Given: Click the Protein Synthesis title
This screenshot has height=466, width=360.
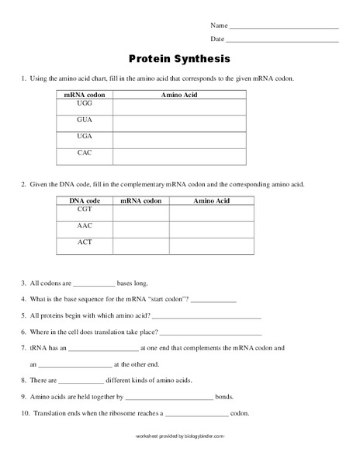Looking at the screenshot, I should [x=179, y=58].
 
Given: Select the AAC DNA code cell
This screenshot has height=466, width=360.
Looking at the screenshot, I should [x=85, y=229].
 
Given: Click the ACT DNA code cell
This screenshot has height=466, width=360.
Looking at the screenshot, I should [x=85, y=245].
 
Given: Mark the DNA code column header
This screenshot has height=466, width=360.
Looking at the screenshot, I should [x=85, y=200].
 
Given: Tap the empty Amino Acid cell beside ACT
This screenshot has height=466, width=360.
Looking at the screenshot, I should [x=212, y=245].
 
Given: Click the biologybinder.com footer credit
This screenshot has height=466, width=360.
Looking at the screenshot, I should [x=180, y=436].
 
